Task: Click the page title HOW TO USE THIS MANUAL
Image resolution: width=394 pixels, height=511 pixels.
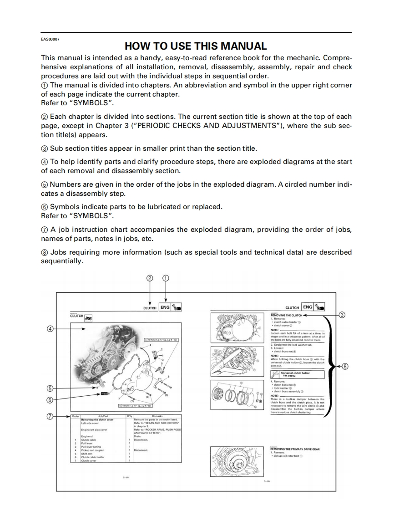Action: click(196, 46)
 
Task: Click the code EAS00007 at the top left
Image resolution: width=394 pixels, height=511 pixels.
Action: click(50, 39)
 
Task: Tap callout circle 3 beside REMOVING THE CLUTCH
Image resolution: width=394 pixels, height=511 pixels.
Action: click(342, 314)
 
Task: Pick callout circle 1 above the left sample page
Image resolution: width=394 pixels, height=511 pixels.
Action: click(166, 278)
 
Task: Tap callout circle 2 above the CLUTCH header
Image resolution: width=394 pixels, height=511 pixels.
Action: click(150, 278)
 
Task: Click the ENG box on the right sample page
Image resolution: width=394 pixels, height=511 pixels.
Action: click(308, 307)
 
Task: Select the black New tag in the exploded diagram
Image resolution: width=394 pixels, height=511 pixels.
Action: click(104, 393)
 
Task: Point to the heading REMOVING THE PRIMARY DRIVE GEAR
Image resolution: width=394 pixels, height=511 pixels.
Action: click(295, 449)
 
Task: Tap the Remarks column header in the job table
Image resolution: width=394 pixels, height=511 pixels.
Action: click(157, 416)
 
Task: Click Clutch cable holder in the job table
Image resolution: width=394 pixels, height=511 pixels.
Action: click(93, 457)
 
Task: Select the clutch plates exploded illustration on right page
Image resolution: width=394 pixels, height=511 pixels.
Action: click(237, 393)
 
